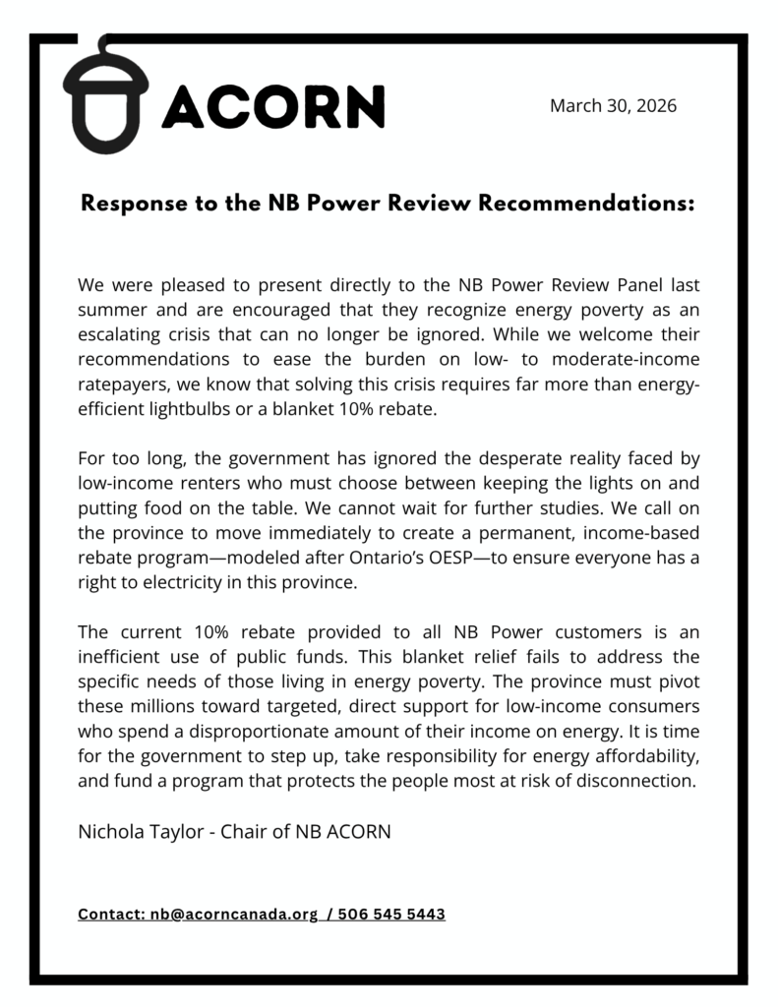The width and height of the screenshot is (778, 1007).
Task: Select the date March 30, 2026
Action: pos(613,105)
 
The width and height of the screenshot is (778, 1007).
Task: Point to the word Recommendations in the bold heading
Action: pos(589,205)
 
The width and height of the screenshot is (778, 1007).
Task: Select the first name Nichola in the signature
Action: pos(111,832)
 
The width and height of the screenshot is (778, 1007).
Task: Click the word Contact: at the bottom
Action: pos(111,915)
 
